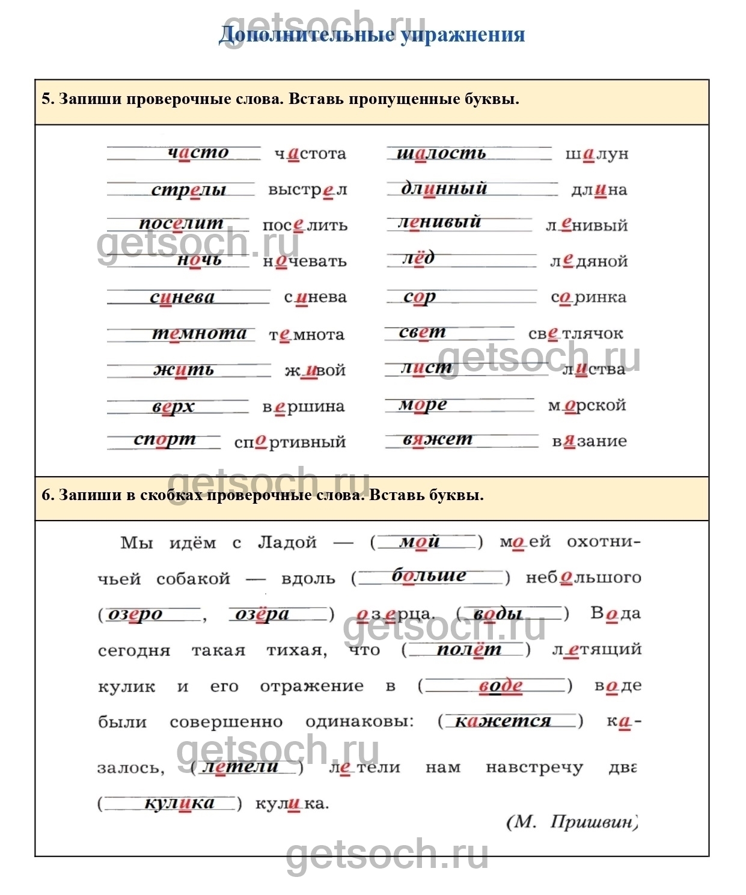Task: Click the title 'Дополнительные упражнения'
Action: click(x=371, y=34)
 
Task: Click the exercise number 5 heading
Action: click(x=280, y=99)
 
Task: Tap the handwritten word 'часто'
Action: click(x=198, y=153)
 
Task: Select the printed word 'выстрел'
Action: click(x=307, y=189)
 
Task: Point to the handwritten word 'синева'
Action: click(x=182, y=297)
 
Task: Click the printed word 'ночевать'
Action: click(x=305, y=261)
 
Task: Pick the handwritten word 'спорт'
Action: click(x=165, y=440)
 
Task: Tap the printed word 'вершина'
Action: click(x=304, y=407)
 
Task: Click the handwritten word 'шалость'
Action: click(x=441, y=153)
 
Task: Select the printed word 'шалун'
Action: click(x=596, y=154)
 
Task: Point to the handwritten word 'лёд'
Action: click(x=418, y=258)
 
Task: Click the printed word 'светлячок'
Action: click(x=575, y=334)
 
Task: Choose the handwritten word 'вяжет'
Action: click(x=438, y=440)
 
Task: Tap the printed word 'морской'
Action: click(x=587, y=406)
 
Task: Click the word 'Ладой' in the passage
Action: click(x=287, y=543)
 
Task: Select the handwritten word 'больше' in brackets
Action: click(x=429, y=576)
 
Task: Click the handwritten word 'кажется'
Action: click(x=503, y=721)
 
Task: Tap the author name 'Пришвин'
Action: click(x=592, y=822)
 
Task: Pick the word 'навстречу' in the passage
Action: click(x=534, y=768)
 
